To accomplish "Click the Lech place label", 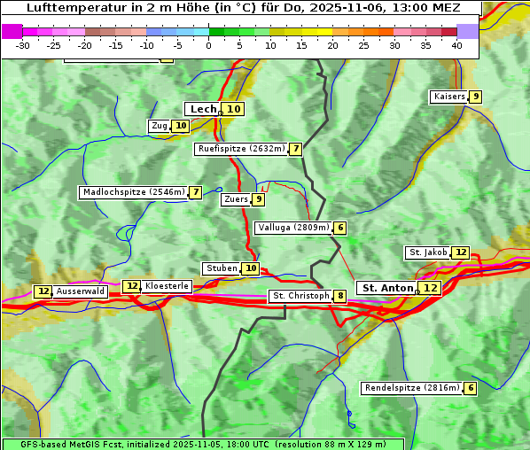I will pos(203,109).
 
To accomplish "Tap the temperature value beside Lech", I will pos(232,109).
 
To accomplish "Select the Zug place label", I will pos(160,126).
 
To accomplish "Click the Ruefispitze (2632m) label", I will pos(241,149).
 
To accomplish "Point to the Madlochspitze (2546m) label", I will pos(133,192).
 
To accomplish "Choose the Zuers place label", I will pos(236,199).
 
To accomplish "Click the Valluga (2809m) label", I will pos(293,228).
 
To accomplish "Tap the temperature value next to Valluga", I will pos(340,228).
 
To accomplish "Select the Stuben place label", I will pos(221,268).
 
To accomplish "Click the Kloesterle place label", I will pos(167,286).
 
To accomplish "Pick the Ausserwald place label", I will pos(81,291).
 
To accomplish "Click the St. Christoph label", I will pos(300,296).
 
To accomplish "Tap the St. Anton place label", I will pos(387,288).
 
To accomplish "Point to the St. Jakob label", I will pos(428,252).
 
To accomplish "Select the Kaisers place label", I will pos(448,96).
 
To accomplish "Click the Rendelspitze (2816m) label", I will pos(413,388).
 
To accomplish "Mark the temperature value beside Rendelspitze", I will pos(471,388).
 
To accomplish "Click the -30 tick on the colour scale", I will pos(23,45).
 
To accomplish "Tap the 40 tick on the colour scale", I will pos(456,45).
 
